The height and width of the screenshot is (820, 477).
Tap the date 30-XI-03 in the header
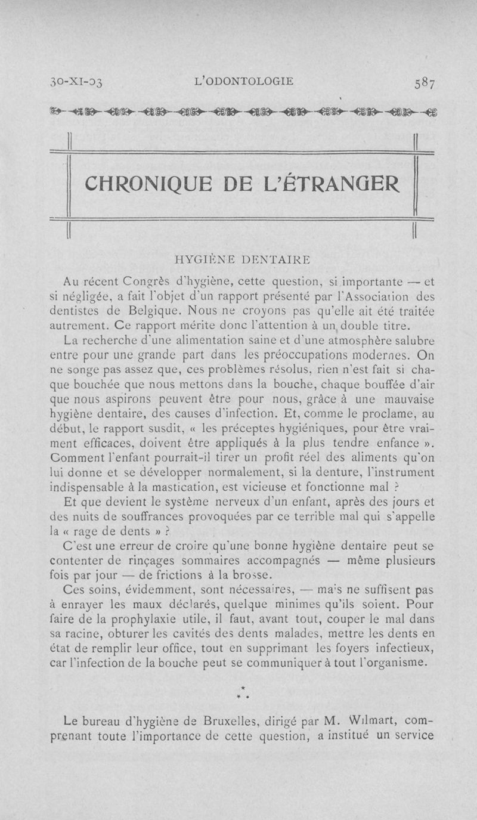coord(76,82)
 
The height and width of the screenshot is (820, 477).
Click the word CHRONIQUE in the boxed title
coord(151,183)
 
